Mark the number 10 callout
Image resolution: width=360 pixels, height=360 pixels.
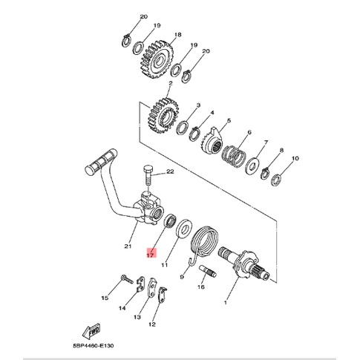point(295,159)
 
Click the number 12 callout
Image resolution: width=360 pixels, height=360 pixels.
point(153,324)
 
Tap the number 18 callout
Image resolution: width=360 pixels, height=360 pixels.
point(177,35)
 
